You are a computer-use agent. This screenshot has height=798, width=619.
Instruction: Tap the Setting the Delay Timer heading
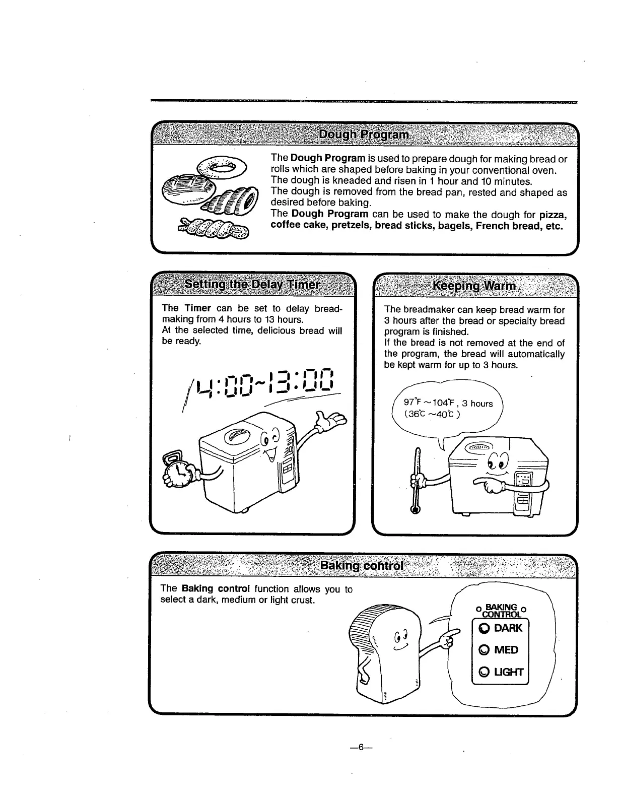tap(252, 284)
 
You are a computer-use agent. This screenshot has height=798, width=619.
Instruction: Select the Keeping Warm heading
tap(474, 286)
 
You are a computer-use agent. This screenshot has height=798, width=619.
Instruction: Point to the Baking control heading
tap(362, 565)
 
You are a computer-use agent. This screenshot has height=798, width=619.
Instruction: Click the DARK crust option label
tap(508, 628)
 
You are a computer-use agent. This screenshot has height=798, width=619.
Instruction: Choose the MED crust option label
tap(506, 650)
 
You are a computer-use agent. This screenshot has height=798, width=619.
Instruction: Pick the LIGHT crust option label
tap(509, 672)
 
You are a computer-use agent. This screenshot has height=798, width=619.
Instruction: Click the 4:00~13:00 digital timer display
tap(265, 382)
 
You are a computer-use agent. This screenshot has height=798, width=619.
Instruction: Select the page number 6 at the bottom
tap(360, 748)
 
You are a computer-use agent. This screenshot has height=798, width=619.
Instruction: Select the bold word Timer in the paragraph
tap(197, 308)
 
